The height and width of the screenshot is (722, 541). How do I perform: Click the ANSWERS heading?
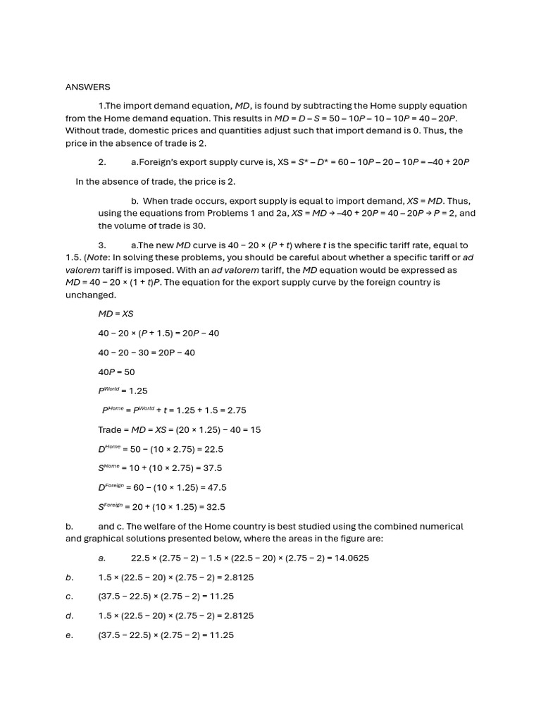tap(88, 87)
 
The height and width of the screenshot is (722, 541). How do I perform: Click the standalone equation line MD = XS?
tap(116, 313)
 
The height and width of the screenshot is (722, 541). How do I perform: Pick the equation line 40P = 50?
tap(116, 372)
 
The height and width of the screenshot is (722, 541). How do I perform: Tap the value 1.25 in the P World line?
tap(139, 391)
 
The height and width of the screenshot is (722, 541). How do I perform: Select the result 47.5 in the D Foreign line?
tap(216, 487)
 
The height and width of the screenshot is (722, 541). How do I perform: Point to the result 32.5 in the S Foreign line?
tap(214, 507)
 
